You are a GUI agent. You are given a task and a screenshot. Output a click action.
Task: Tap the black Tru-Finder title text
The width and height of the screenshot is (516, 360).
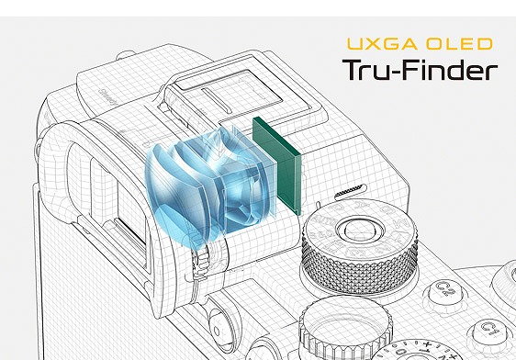[x=420, y=70]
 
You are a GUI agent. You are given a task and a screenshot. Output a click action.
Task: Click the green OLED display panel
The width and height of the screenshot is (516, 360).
[x=276, y=166]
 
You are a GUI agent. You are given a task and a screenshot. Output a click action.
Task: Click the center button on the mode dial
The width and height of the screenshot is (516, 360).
[x=359, y=229]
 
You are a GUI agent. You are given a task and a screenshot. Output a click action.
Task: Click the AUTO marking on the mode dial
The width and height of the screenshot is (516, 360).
[x=320, y=221]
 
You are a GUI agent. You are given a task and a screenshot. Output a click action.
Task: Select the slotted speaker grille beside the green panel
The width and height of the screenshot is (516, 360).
[x=350, y=191]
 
